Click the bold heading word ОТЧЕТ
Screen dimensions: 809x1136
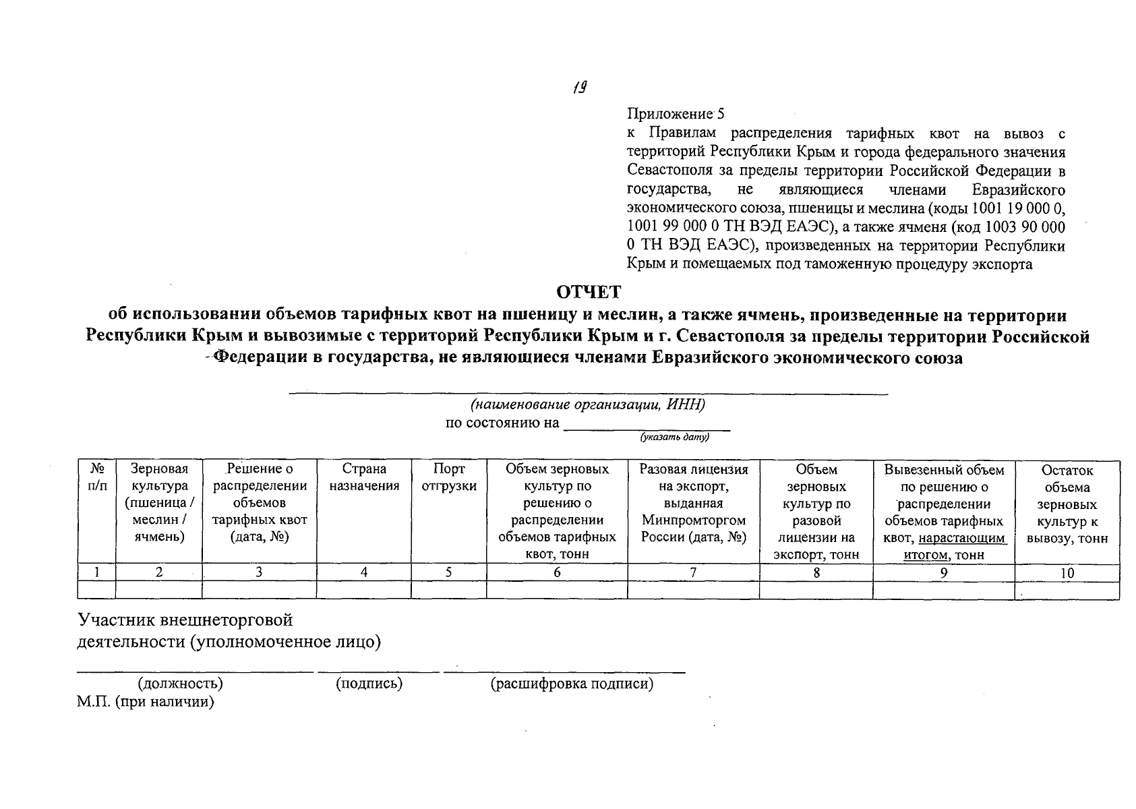[588, 293]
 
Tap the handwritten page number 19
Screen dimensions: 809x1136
[579, 87]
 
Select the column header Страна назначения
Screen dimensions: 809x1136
[364, 477]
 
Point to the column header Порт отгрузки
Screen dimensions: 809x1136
[448, 477]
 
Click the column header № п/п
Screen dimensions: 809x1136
[96, 477]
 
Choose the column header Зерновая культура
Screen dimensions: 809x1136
[158, 503]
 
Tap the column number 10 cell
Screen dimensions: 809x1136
[1067, 572]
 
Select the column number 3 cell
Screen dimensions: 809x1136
[259, 572]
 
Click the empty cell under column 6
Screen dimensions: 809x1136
[556, 590]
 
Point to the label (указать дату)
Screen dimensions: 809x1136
[675, 438]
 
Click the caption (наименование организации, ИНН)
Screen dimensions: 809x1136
[588, 404]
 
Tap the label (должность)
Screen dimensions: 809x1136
[180, 684]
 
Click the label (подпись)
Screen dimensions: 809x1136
[369, 684]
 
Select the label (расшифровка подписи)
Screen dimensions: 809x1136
[572, 684]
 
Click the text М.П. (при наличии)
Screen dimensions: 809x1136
[145, 702]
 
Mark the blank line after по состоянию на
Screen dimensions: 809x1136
[646, 426]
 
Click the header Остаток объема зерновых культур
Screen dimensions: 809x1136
[1067, 504]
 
